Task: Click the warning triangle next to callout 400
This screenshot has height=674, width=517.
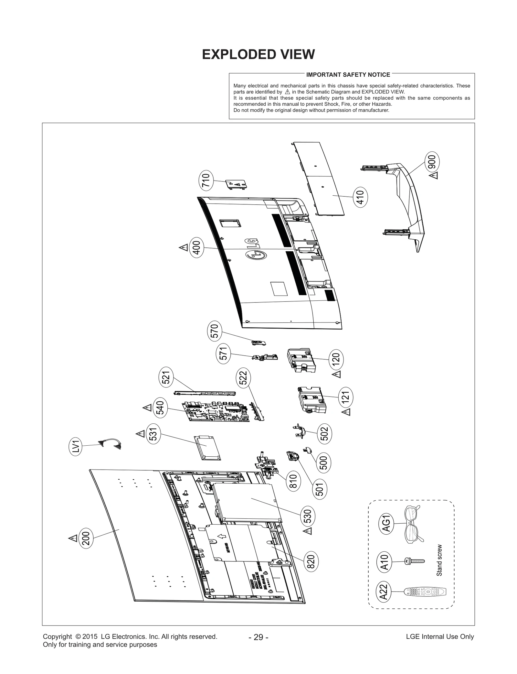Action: coord(184,248)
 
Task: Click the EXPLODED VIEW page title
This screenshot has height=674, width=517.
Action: coord(258,54)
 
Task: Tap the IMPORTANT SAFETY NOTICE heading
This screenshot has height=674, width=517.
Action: coord(348,75)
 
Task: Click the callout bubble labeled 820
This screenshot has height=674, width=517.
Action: coord(311,562)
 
